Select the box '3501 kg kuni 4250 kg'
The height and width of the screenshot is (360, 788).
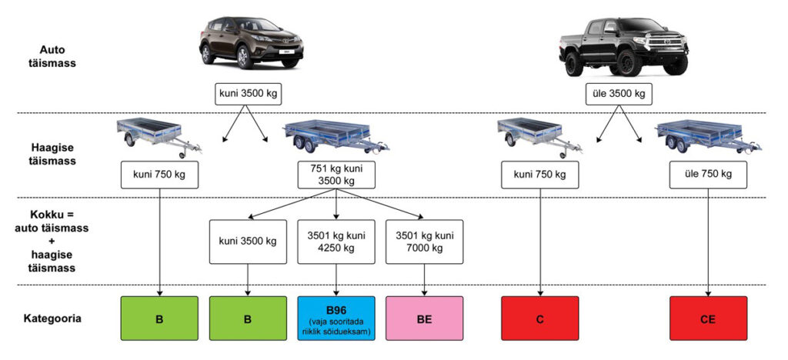click(336, 242)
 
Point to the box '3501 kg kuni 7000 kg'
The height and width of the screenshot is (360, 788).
click(424, 242)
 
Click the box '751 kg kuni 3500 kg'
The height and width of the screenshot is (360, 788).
click(336, 175)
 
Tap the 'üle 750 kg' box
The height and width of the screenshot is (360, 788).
click(708, 175)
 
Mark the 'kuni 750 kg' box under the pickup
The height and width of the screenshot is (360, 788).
click(539, 175)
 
